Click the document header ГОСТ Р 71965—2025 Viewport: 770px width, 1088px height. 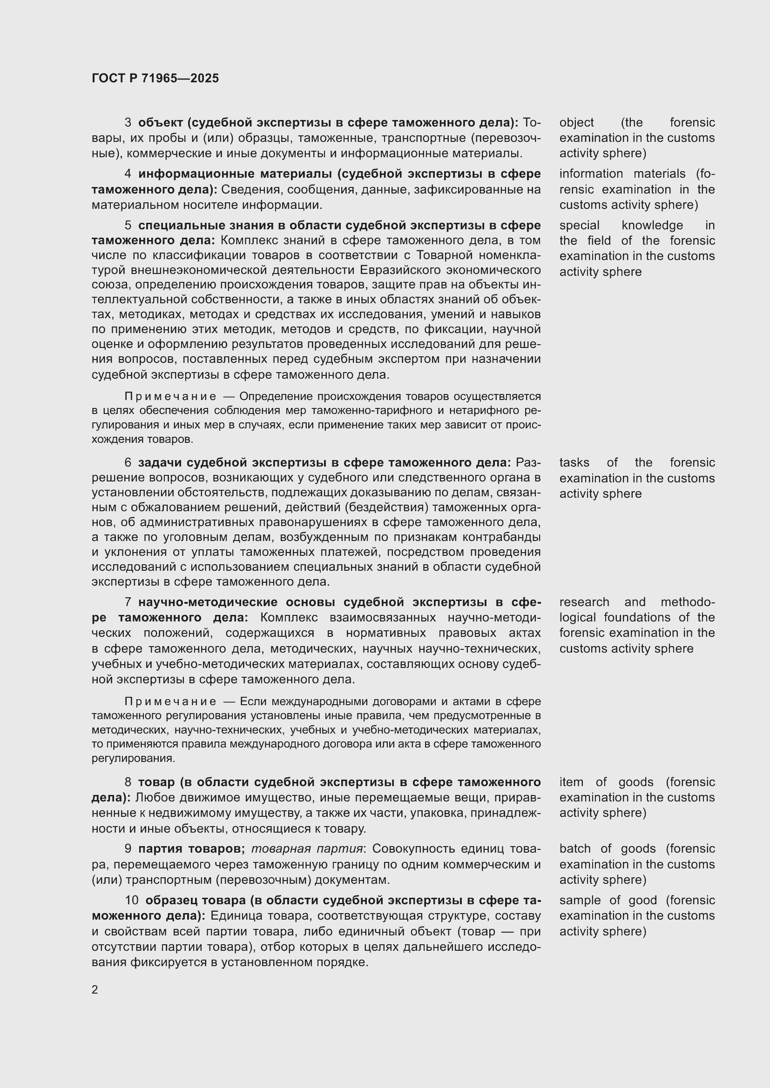[x=155, y=78]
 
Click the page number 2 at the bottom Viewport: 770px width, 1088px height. [x=95, y=989]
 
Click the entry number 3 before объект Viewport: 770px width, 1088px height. [x=128, y=123]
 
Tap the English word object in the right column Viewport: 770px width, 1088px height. [x=576, y=123]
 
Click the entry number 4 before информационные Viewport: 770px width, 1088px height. [x=128, y=174]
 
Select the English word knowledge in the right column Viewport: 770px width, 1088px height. [x=652, y=225]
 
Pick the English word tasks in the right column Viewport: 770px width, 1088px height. [x=574, y=462]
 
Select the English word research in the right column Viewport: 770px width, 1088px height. [x=584, y=602]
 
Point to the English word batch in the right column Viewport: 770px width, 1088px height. [x=574, y=849]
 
